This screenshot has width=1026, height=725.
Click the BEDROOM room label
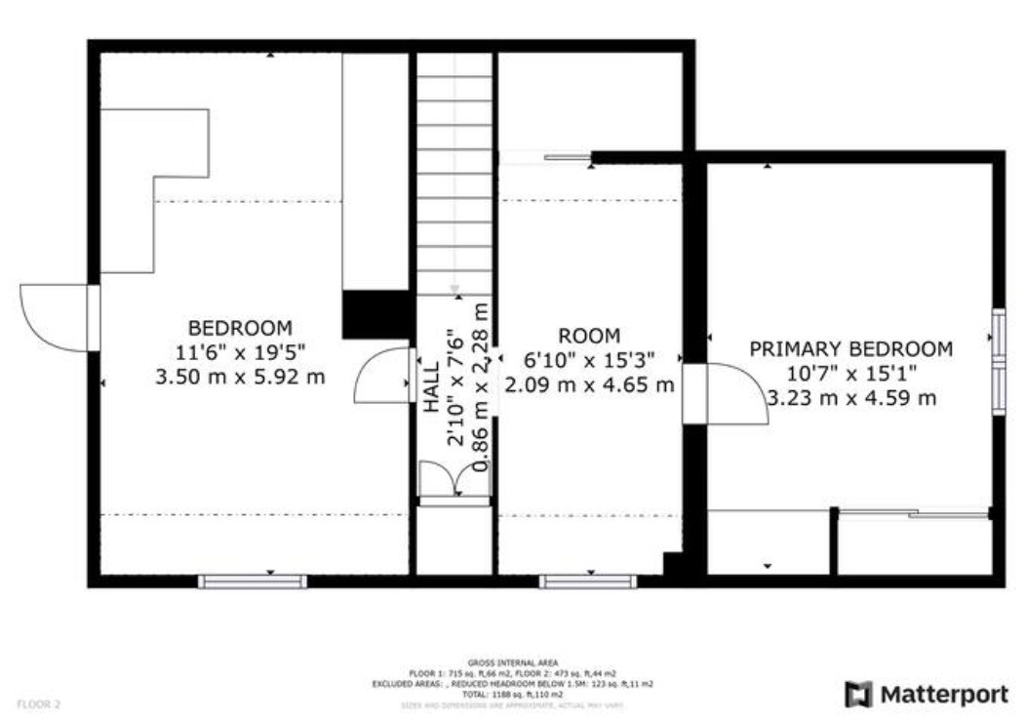(240, 328)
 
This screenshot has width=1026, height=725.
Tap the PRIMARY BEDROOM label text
(850, 349)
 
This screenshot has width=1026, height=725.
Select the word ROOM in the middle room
(589, 336)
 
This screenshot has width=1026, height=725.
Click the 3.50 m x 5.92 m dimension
(240, 376)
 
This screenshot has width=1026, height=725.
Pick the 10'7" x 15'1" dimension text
(850, 373)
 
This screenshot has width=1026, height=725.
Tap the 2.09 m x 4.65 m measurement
(589, 383)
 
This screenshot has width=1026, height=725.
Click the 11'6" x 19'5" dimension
(240, 352)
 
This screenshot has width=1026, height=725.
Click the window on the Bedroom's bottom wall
(253, 582)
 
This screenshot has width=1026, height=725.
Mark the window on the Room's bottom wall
(588, 582)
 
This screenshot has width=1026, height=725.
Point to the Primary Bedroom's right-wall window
(999, 361)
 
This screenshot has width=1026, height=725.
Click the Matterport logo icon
(858, 695)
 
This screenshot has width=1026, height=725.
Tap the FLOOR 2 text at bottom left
(39, 703)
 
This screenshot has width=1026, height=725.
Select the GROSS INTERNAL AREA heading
(513, 664)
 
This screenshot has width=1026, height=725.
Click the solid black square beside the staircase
(375, 314)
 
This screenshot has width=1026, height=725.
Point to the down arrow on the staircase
(454, 289)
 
